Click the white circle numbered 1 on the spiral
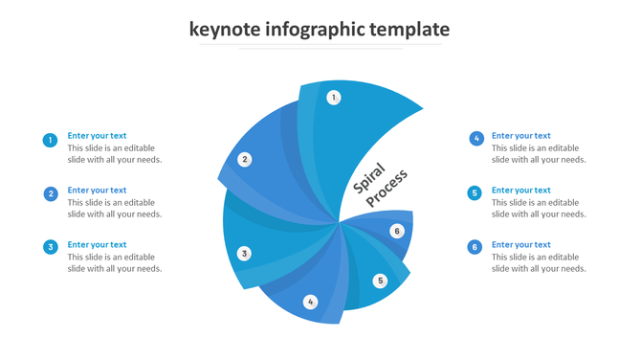(x=334, y=97)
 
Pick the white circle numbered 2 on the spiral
(x=245, y=160)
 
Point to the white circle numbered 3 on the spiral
(x=245, y=254)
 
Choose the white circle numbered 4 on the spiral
(x=310, y=303)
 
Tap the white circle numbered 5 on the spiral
(x=380, y=281)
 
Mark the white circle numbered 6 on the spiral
(x=397, y=231)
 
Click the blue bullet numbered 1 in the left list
(x=51, y=141)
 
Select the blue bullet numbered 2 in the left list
(x=51, y=194)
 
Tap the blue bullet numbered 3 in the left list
(x=51, y=248)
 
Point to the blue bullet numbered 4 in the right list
(x=476, y=139)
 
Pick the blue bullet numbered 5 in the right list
(x=475, y=193)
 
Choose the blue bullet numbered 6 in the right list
(x=475, y=248)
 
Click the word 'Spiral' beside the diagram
(x=368, y=179)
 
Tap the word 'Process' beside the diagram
(x=387, y=190)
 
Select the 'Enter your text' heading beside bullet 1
(x=97, y=136)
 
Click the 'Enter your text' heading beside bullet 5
(x=521, y=191)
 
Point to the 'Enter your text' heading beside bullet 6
(x=521, y=245)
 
